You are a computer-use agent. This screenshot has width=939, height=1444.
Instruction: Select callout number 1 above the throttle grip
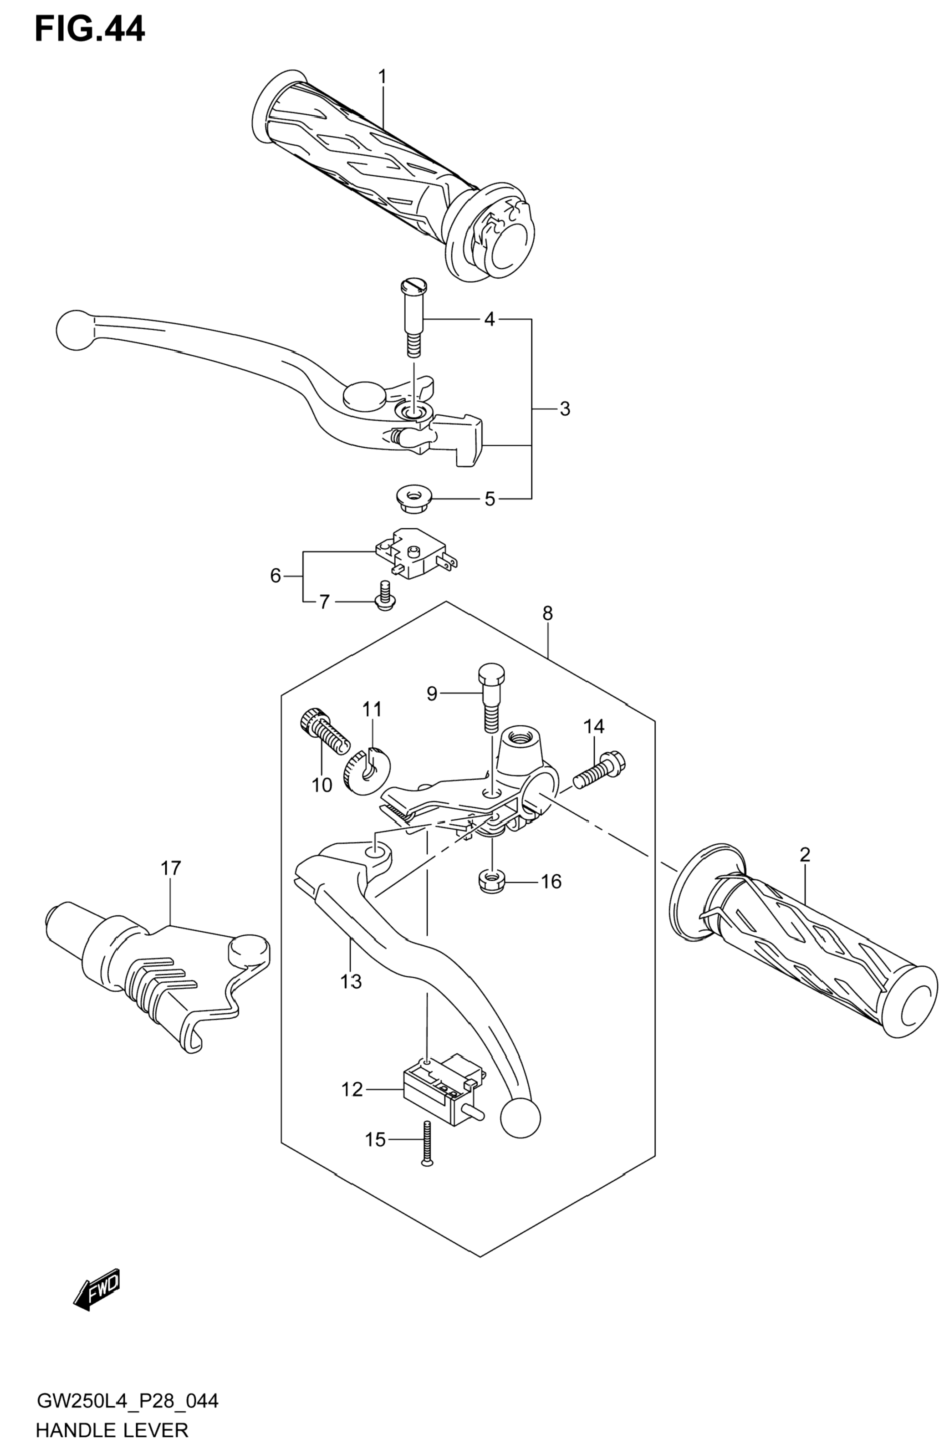pos(382,77)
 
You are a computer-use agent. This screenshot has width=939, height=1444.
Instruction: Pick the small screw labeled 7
pos(384,595)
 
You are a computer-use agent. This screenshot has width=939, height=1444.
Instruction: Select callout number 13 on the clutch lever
pos(351,981)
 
